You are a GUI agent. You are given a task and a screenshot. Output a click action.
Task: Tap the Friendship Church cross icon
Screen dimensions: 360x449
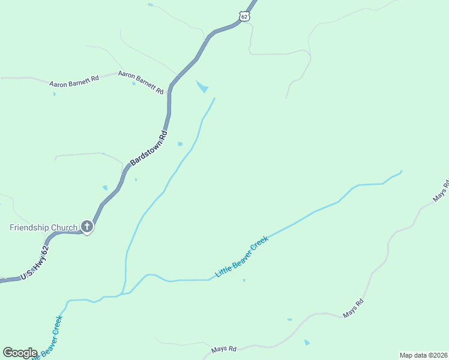[x=87, y=227]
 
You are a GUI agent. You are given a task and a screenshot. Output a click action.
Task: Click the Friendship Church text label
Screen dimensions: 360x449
[x=43, y=227]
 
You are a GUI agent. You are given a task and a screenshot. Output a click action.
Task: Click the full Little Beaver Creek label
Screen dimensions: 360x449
[x=242, y=257]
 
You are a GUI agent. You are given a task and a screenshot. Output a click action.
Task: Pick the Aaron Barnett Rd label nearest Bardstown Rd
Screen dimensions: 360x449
[x=141, y=82]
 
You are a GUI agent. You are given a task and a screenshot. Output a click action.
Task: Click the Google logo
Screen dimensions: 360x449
[x=20, y=353]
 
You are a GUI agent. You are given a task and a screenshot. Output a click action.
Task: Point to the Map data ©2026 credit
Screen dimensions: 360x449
[x=423, y=355]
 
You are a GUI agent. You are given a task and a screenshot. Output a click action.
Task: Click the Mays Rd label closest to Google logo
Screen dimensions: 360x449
[x=224, y=349]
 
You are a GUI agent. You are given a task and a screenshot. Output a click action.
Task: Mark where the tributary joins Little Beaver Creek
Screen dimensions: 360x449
[x=122, y=294]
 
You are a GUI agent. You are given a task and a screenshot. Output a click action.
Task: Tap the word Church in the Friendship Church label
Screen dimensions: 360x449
[x=64, y=227]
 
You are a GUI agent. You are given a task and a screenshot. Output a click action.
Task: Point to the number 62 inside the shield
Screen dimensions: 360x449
[x=243, y=17]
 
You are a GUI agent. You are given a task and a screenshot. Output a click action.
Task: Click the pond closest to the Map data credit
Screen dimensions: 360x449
[x=307, y=343]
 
